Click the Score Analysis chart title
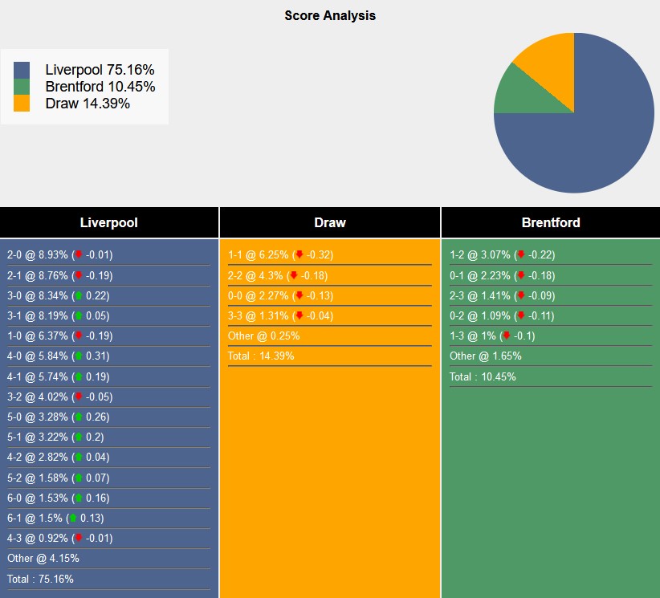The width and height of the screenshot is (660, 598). pos(329,15)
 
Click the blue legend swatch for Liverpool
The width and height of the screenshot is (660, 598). pos(22,70)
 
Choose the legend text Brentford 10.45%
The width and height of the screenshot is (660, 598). pos(100,87)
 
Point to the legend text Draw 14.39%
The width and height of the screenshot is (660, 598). pos(88,104)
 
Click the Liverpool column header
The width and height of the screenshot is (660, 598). pos(108,222)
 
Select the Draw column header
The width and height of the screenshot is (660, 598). pos(329,222)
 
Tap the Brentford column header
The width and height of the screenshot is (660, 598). pos(550,222)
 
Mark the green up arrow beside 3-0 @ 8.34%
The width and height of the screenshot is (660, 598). pos(78,295)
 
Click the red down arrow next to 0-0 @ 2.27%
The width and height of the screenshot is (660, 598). pos(299,295)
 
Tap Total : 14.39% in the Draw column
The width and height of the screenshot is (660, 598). pos(261,356)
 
